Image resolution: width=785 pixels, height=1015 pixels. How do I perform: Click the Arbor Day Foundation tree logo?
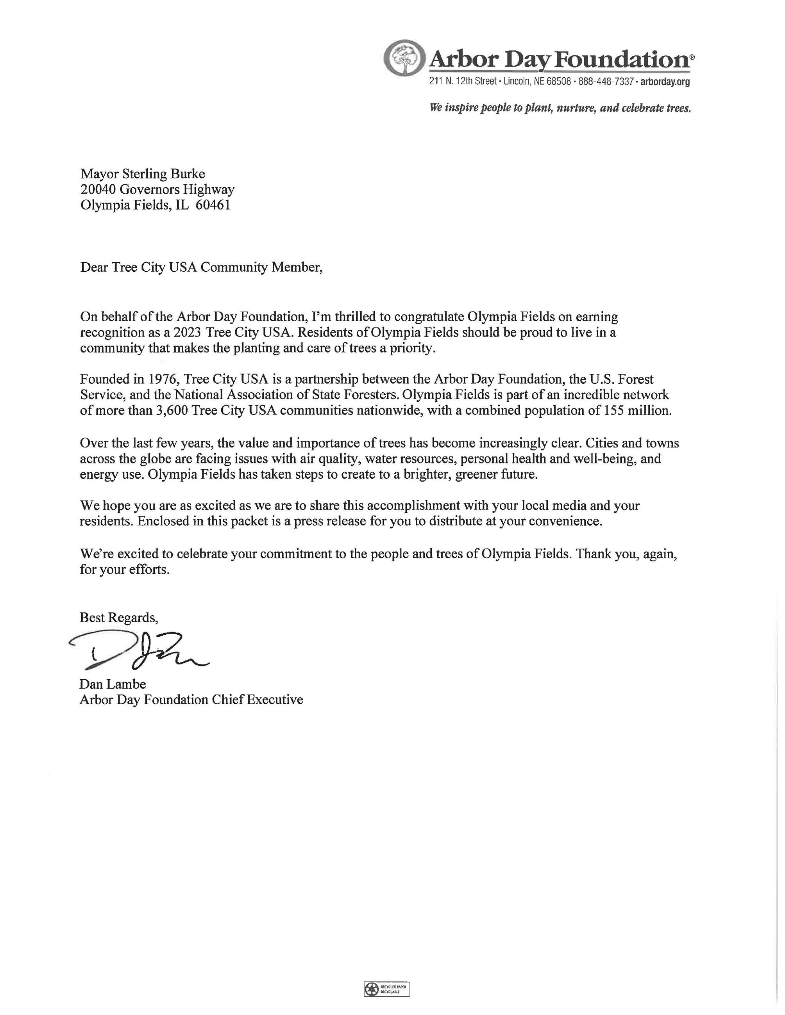[406, 58]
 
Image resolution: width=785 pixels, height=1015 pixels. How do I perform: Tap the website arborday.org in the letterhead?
[665, 82]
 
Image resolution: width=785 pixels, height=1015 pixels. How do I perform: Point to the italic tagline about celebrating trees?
[560, 108]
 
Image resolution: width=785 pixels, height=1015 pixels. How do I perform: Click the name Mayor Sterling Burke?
[142, 174]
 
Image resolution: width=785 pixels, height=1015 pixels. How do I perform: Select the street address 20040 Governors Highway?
[157, 190]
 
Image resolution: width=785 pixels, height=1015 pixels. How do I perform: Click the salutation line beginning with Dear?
[201, 268]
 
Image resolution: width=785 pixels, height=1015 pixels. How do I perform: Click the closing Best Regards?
[118, 618]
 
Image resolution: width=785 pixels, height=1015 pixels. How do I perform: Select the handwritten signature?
[139, 651]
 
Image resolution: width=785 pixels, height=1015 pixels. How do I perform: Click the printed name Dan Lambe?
[113, 684]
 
